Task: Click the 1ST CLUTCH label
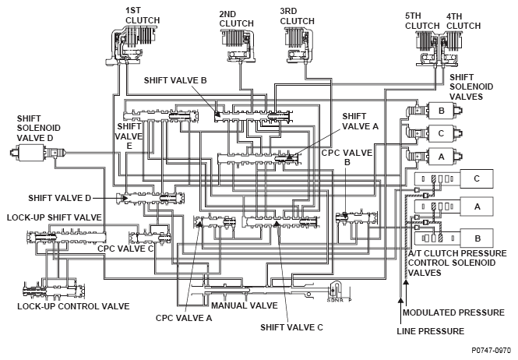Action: click(x=143, y=16)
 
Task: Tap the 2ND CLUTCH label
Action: click(x=236, y=19)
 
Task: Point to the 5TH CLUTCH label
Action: click(x=422, y=21)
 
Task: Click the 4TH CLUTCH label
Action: click(x=463, y=21)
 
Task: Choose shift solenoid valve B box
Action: click(x=442, y=111)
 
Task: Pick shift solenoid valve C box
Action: click(x=442, y=133)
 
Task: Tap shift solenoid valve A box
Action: click(x=442, y=157)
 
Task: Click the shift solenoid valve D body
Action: click(x=31, y=153)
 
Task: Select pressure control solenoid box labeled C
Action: click(x=477, y=179)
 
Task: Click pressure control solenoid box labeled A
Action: click(x=477, y=206)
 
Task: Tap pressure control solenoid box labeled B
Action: click(x=477, y=238)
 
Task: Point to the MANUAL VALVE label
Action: click(x=244, y=305)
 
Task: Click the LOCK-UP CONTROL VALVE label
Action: click(x=73, y=306)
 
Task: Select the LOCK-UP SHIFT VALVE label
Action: click(x=55, y=217)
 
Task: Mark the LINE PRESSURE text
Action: click(x=431, y=331)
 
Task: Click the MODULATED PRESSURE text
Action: click(x=453, y=312)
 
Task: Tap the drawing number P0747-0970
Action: click(x=492, y=351)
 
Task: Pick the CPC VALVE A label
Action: click(x=184, y=318)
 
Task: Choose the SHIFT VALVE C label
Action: click(x=291, y=327)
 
